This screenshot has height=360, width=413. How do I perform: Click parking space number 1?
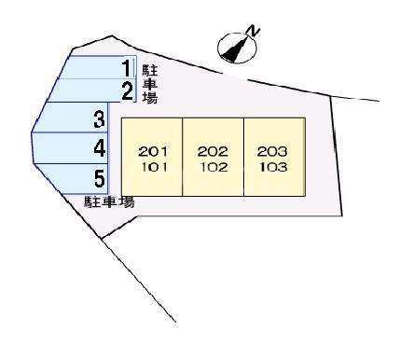coord(128,67)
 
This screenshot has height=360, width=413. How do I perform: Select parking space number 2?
coord(128,90)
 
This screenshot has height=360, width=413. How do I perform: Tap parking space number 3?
coord(98,119)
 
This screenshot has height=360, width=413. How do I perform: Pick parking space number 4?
coord(98,147)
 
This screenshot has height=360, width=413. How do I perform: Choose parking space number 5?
coord(98,177)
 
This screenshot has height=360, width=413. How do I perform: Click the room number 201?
coord(151,151)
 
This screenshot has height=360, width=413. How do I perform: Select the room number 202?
coord(213,151)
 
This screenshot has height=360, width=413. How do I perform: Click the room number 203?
coord(273,151)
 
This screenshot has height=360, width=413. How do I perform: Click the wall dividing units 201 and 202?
coord(183,157)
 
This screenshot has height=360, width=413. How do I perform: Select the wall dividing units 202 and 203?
coord(243,157)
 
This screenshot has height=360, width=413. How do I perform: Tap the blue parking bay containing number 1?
coord(93,67)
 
